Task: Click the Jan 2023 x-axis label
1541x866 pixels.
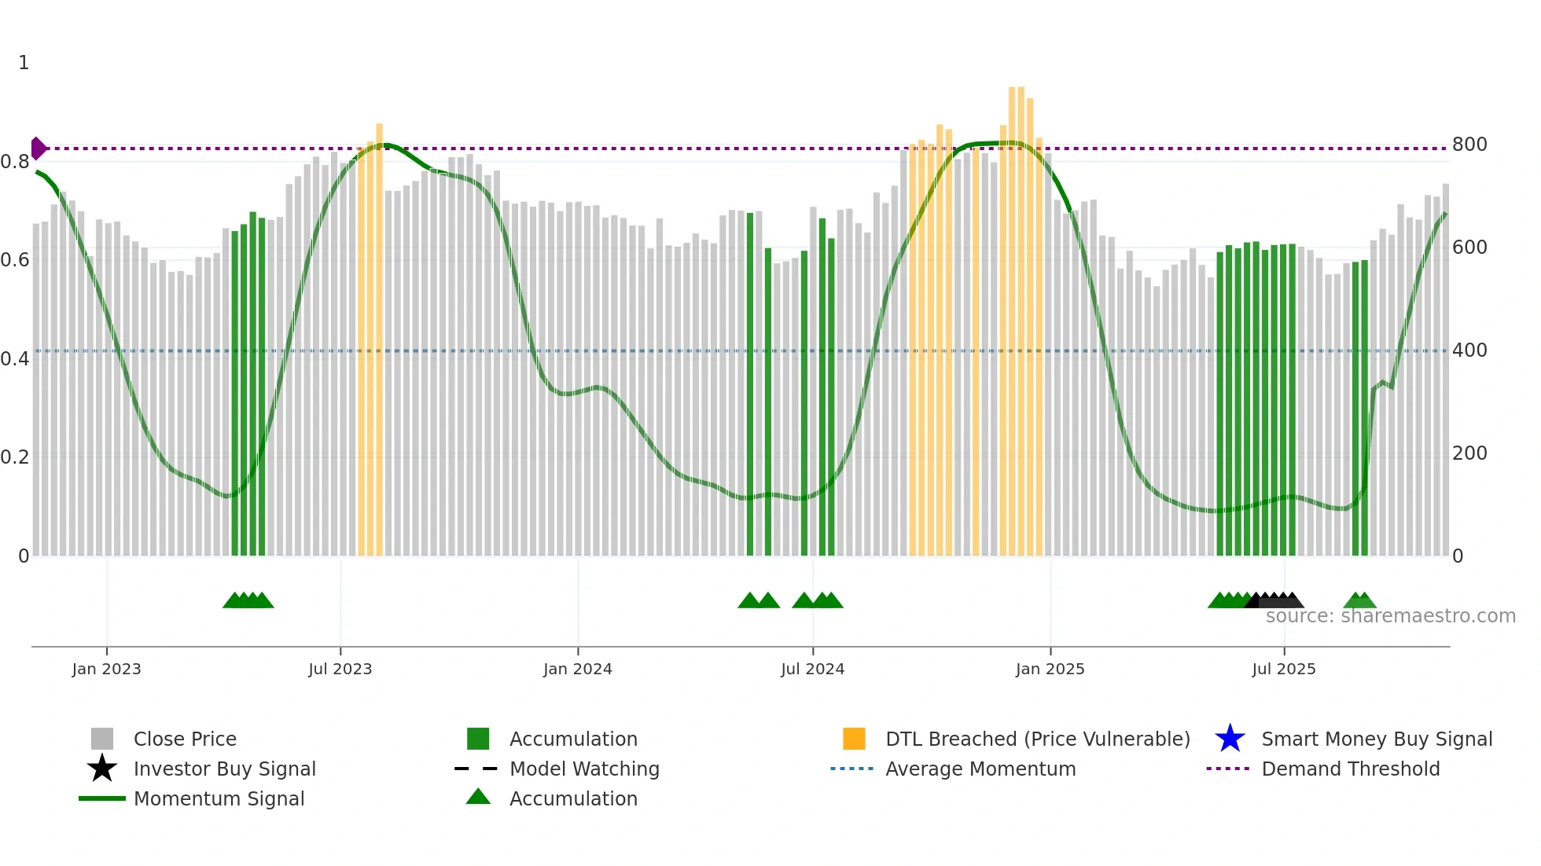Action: click(106, 669)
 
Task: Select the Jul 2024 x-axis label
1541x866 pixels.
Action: click(812, 669)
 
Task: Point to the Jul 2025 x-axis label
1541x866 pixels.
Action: click(1283, 669)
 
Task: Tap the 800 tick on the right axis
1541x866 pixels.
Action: click(1469, 145)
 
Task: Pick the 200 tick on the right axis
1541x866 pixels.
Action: click(1469, 453)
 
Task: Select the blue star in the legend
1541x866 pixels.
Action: click(1230, 739)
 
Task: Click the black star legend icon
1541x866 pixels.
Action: click(102, 769)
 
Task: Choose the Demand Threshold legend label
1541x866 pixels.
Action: click(1350, 769)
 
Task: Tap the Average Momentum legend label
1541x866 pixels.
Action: click(980, 769)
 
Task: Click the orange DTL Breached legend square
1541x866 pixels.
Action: click(854, 739)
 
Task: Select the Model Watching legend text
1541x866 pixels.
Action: click(584, 769)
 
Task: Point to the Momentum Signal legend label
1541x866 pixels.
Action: click(219, 798)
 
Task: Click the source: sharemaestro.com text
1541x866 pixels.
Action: click(1390, 616)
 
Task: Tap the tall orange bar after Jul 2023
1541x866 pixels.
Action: click(379, 338)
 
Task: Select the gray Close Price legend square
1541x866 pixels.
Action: click(102, 739)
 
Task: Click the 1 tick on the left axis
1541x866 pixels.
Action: click(24, 63)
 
